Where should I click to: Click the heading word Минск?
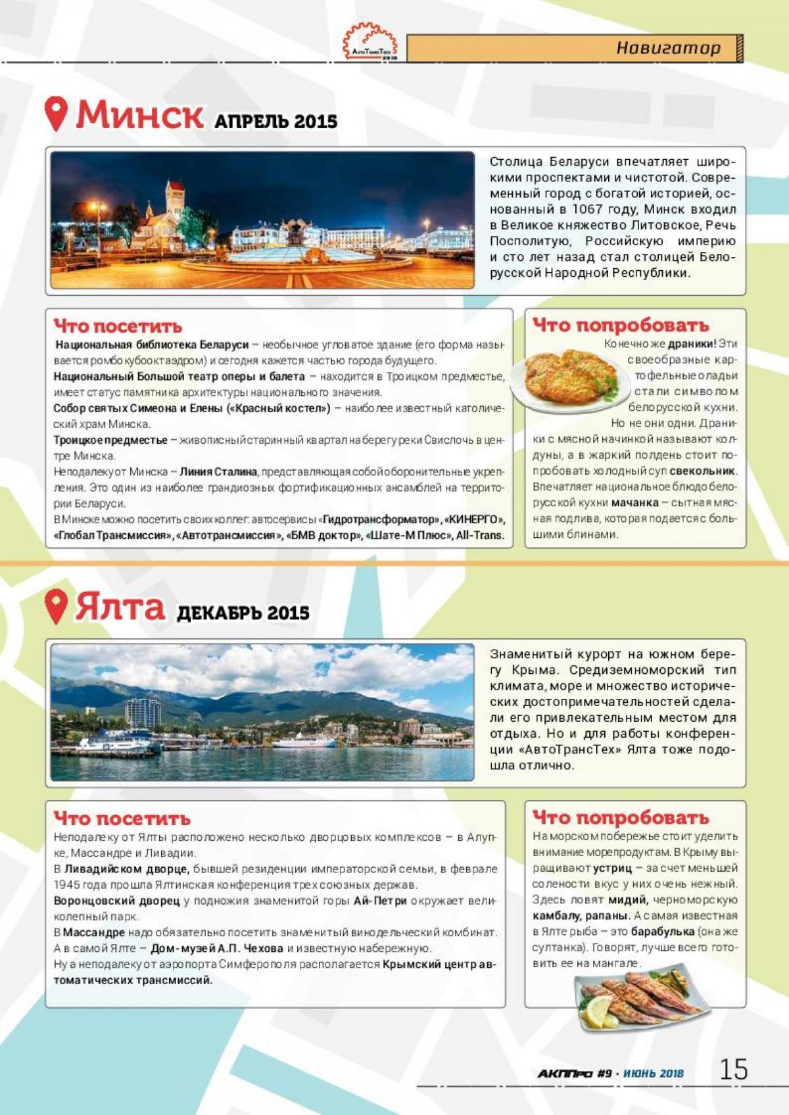pyautogui.click(x=139, y=114)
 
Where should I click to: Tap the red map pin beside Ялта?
pyautogui.click(x=57, y=606)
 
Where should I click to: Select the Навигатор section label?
pyautogui.click(x=668, y=48)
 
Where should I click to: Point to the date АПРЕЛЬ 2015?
pyautogui.click(x=275, y=122)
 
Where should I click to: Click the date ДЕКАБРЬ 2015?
pyautogui.click(x=243, y=613)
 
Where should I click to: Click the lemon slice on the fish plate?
pyautogui.click(x=598, y=1013)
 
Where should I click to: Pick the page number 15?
pyautogui.click(x=733, y=1070)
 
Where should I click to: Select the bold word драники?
pyautogui.click(x=692, y=344)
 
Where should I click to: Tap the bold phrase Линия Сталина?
pyautogui.click(x=218, y=472)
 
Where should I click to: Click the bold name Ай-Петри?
pyautogui.click(x=379, y=901)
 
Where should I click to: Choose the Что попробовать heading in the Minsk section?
pyautogui.click(x=621, y=325)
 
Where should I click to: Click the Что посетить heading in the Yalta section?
pyautogui.click(x=122, y=818)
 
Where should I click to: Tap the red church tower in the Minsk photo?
pyautogui.click(x=176, y=197)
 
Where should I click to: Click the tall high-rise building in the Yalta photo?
pyautogui.click(x=143, y=713)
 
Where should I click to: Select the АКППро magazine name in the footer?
pyautogui.click(x=565, y=1074)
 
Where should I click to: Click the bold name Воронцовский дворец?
pyautogui.click(x=116, y=901)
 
